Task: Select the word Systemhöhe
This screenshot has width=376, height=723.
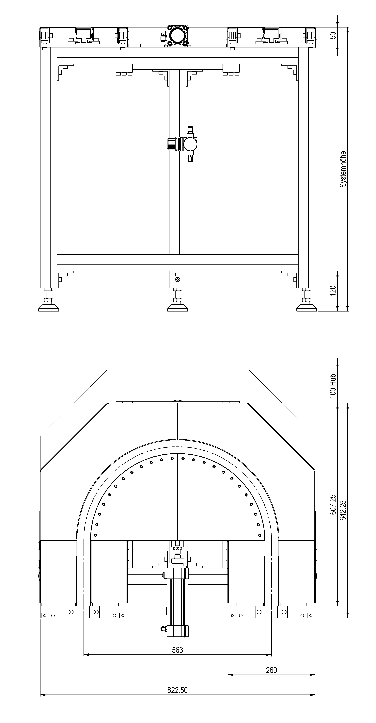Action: pos(343,169)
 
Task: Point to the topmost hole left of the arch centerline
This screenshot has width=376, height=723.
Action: pos(172,458)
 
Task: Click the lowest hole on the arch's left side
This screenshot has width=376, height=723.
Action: pos(95,535)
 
